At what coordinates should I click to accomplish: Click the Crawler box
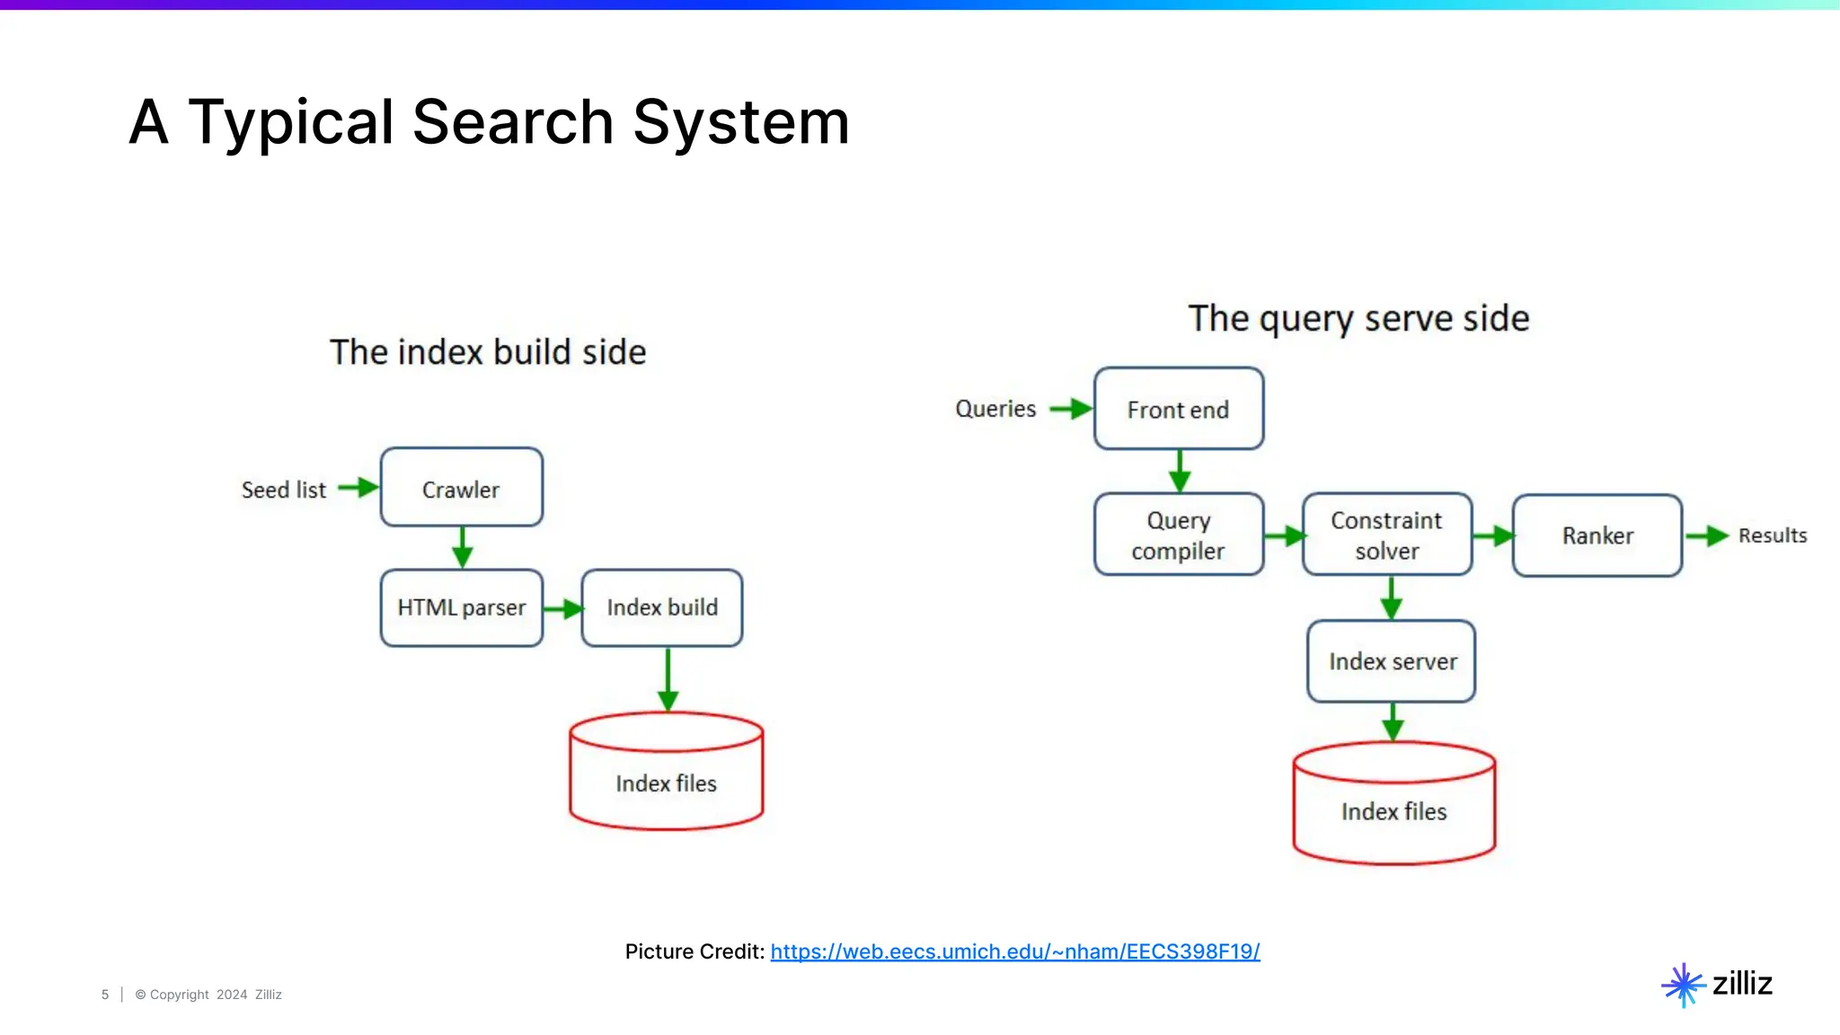point(461,487)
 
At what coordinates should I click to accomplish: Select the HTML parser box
point(461,607)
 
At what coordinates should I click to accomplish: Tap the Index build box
point(662,607)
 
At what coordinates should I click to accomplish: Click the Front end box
point(1178,409)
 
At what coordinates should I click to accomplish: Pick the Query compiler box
point(1178,535)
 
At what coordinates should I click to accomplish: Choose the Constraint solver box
point(1386,535)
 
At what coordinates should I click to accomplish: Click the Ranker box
point(1597,535)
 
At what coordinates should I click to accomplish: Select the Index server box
point(1392,661)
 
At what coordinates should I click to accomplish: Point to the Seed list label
point(284,490)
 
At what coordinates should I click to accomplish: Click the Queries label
point(995,409)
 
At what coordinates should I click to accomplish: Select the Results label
point(1772,535)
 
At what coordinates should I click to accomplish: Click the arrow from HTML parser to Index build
point(563,609)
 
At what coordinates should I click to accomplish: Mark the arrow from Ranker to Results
point(1706,536)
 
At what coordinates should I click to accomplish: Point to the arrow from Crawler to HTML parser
point(462,547)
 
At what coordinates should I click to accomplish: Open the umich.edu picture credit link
point(1015,951)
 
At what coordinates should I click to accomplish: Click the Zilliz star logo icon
point(1683,985)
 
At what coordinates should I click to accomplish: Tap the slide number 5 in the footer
point(105,995)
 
